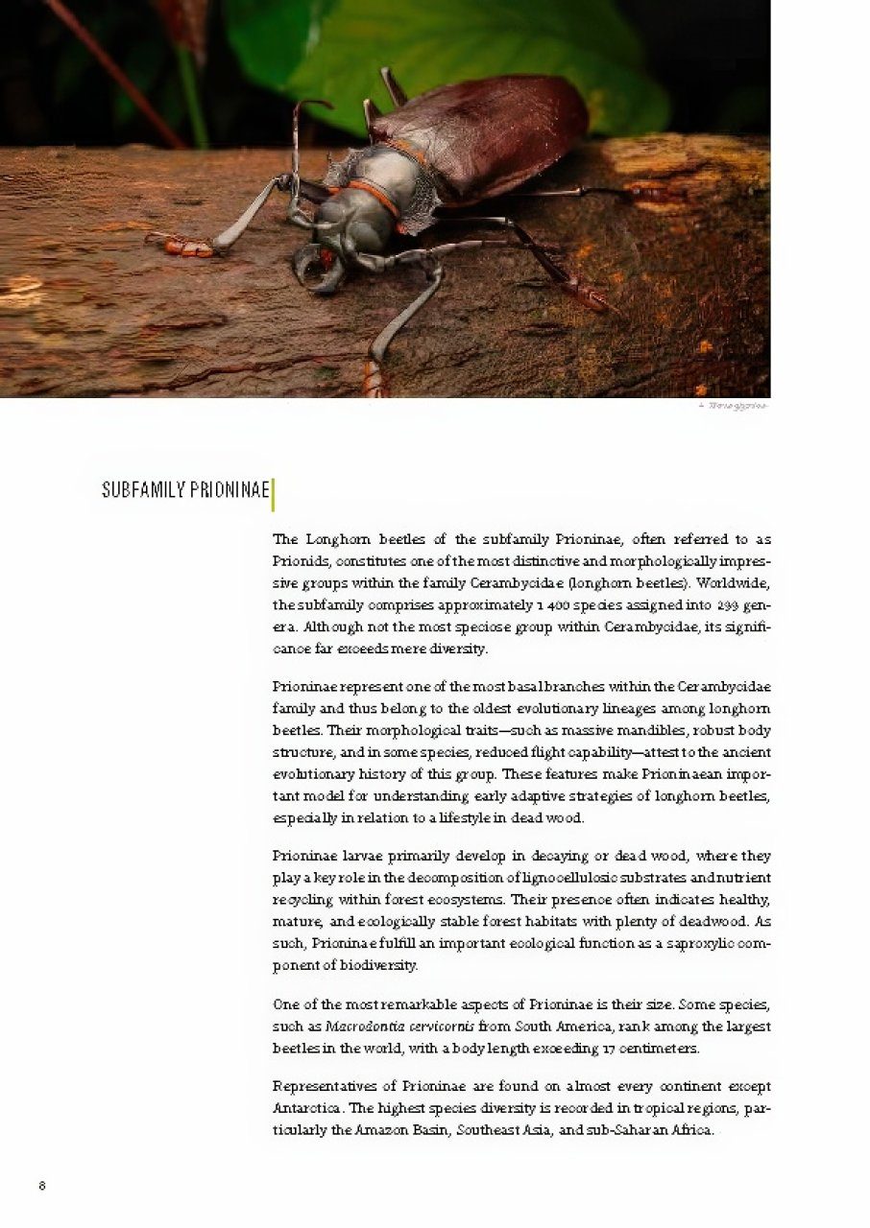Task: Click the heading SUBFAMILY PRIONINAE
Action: click(185, 491)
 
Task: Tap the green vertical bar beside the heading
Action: click(274, 494)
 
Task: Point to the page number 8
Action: click(42, 1185)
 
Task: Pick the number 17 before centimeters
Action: click(609, 1049)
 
